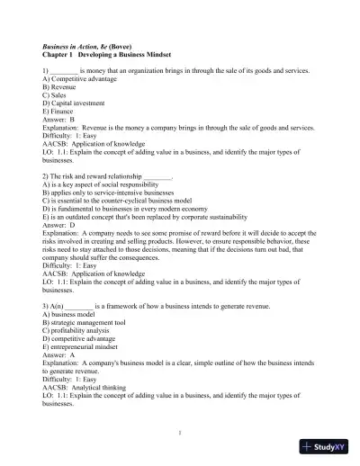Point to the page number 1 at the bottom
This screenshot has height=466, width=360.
[180, 433]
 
